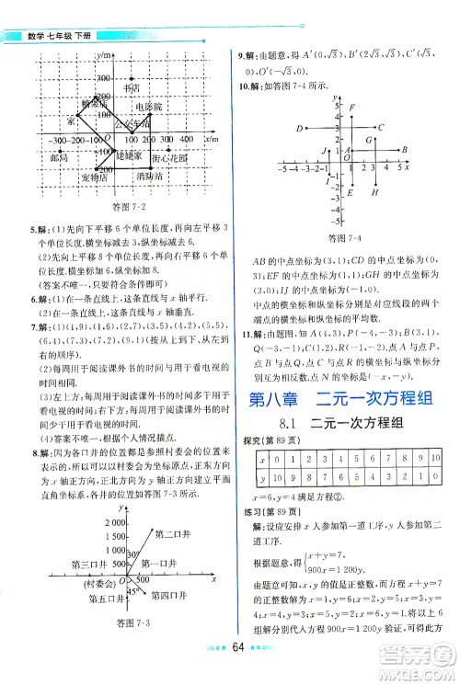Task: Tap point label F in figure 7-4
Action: coord(352,109)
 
